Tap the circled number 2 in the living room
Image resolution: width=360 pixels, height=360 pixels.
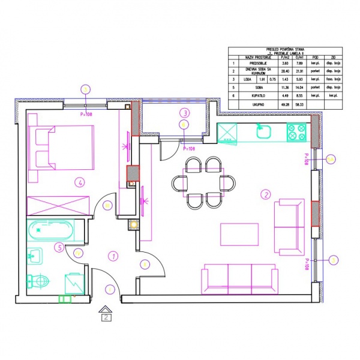265,194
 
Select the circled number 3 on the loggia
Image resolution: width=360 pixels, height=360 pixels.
185,112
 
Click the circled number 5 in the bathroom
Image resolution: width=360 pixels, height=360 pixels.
58,246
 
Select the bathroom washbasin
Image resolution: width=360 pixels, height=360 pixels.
35,256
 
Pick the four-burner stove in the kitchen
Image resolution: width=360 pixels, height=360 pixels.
297,132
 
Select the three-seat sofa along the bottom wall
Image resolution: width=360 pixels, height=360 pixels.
235,277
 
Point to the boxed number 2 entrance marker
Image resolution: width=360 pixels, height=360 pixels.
106,316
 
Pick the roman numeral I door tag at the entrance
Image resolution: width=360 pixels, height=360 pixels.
109,290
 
